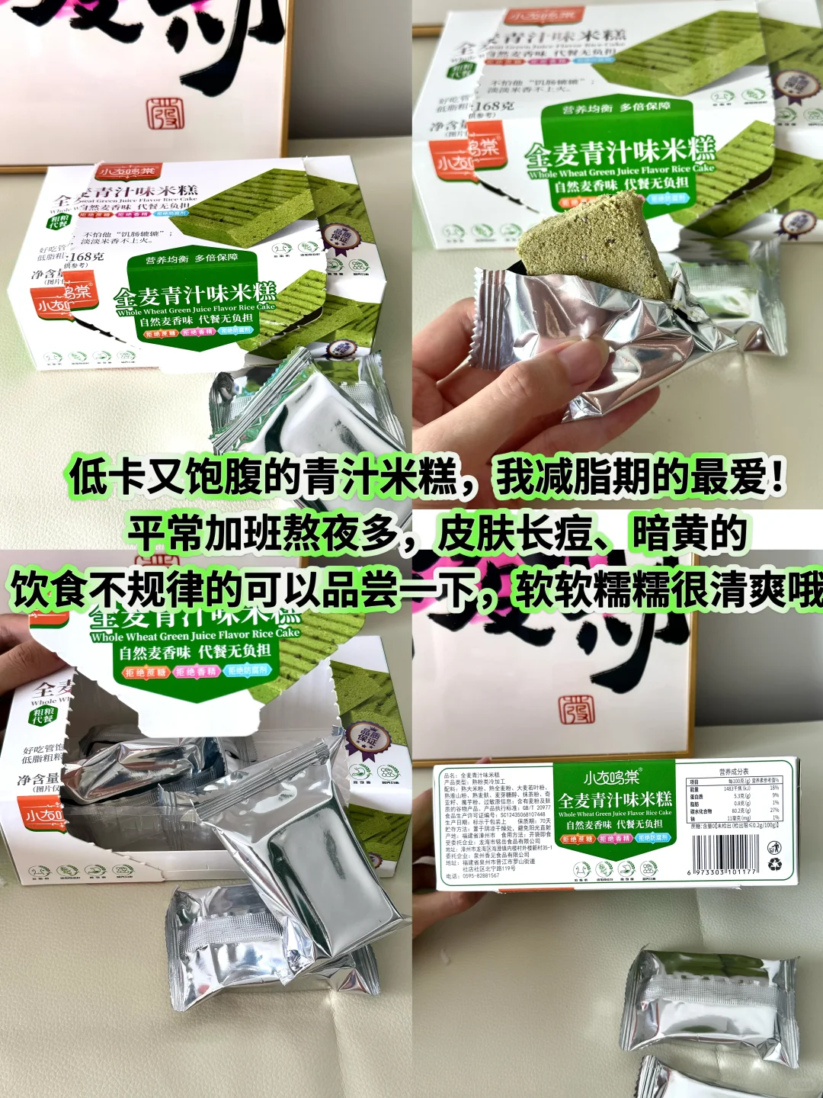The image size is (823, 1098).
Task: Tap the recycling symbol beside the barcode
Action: [774, 864]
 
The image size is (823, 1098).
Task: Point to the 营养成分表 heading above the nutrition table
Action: [734, 772]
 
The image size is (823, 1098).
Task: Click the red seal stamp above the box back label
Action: [577, 708]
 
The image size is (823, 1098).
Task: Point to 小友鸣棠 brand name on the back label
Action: [613, 778]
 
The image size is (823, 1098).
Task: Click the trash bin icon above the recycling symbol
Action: [773, 846]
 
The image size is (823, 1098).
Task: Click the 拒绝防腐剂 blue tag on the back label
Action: [652, 838]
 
